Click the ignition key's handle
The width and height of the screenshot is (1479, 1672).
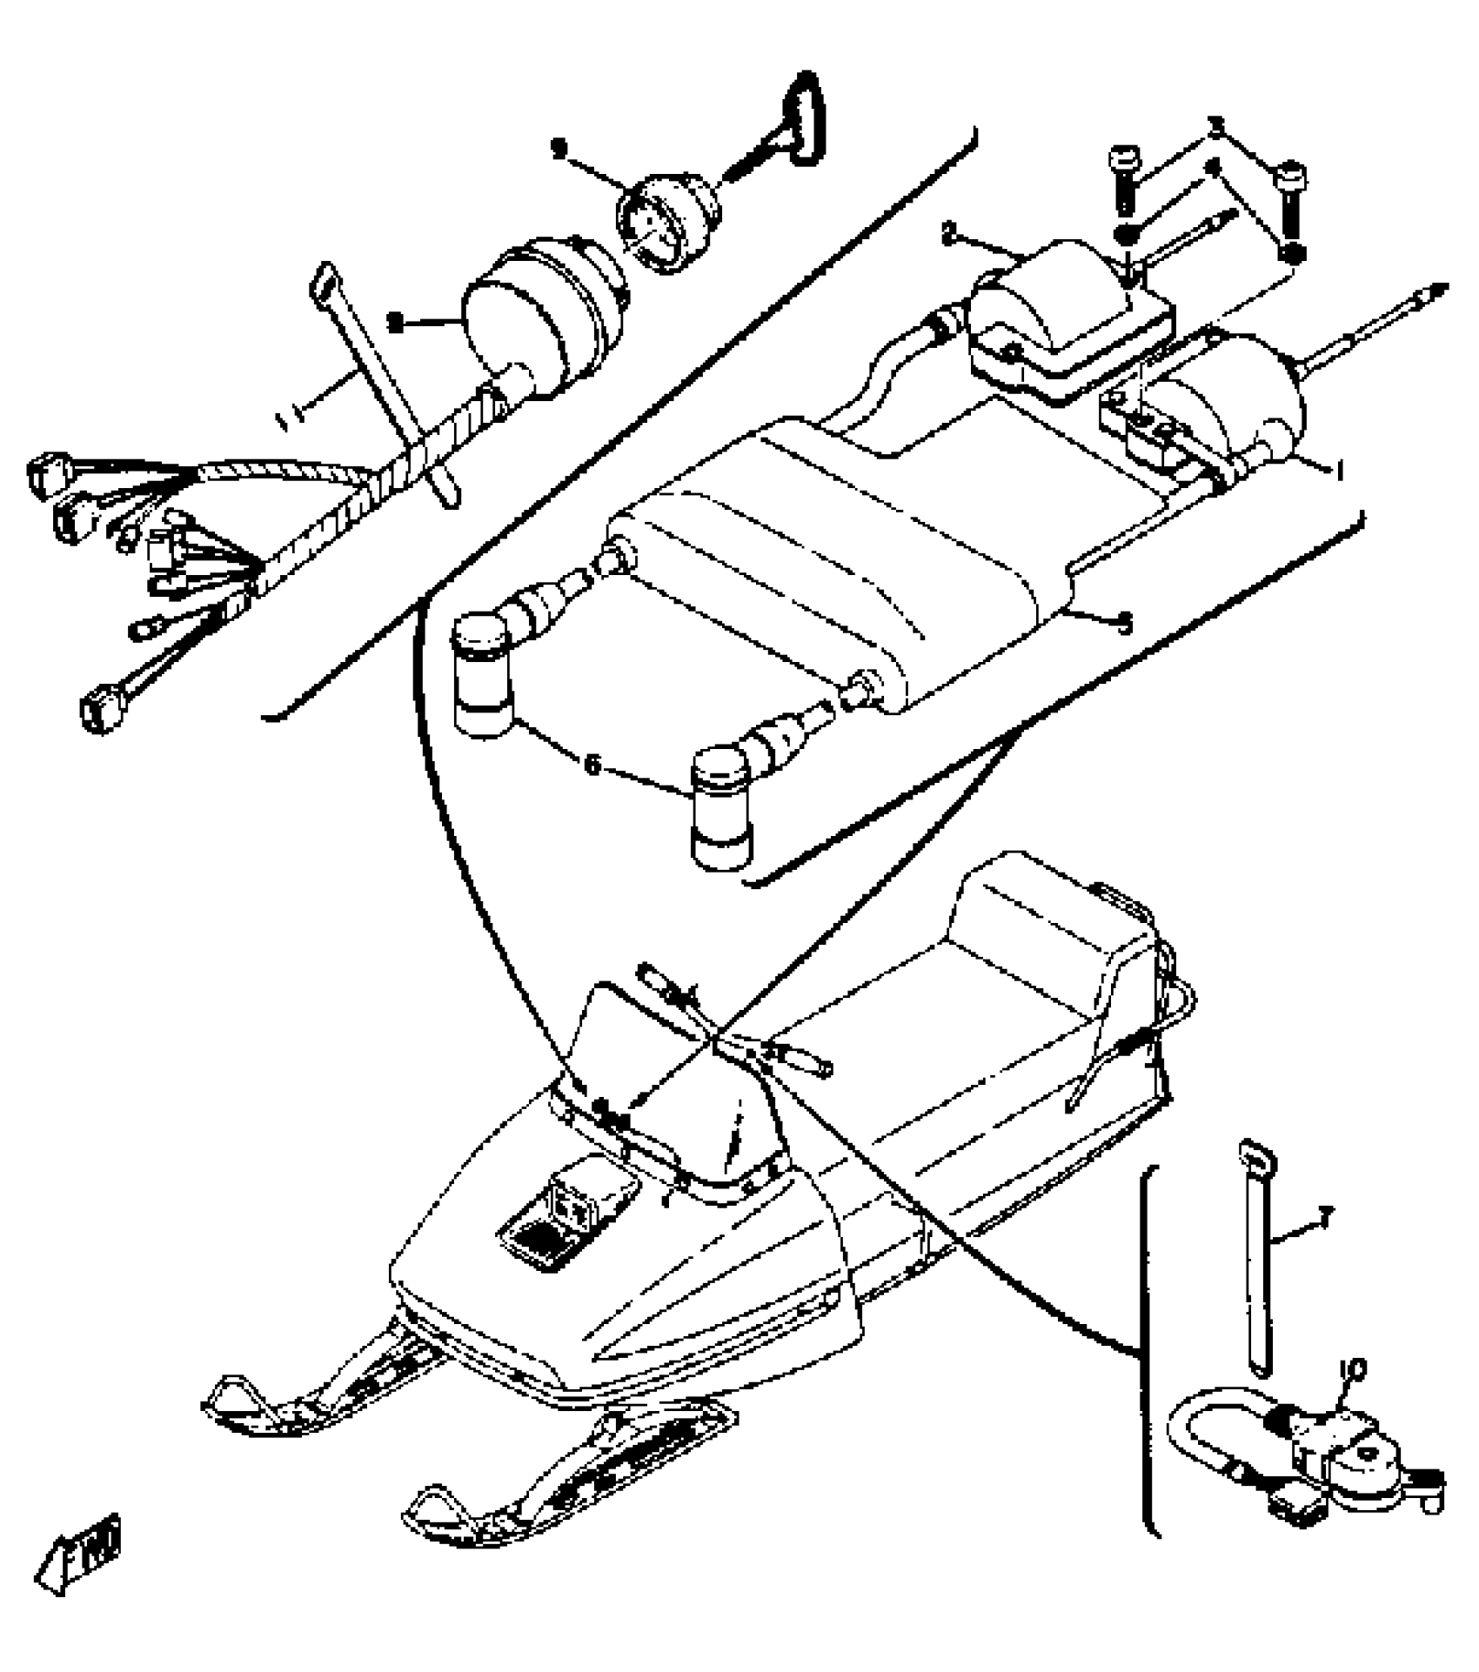click(804, 115)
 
